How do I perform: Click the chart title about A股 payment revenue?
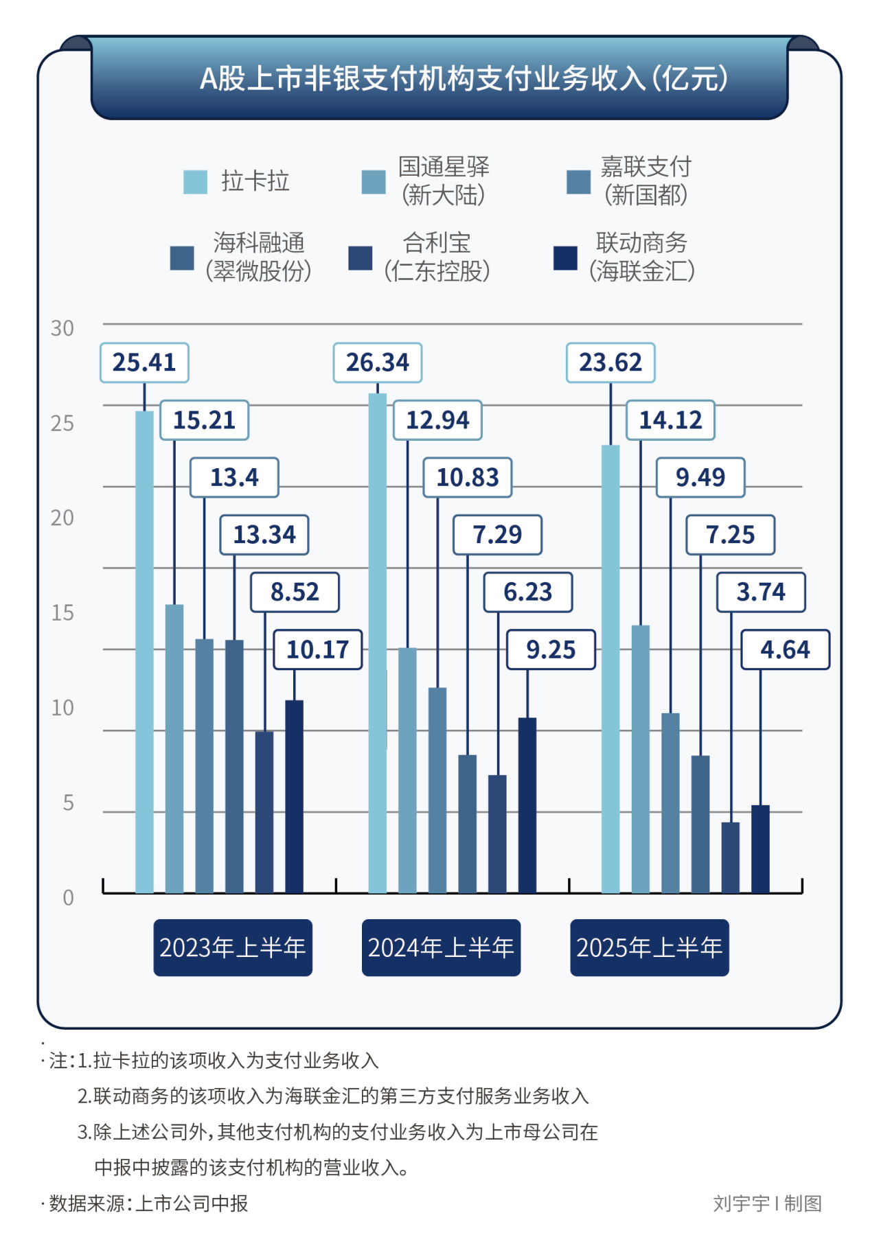(464, 79)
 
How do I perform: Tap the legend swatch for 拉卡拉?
(195, 182)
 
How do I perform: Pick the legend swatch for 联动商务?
(565, 258)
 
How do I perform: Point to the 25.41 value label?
(144, 362)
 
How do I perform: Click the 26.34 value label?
(378, 362)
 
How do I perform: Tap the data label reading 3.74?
(761, 592)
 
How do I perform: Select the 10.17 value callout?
(318, 649)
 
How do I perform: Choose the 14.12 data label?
(670, 419)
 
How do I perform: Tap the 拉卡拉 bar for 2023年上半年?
(144, 652)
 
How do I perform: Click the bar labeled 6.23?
(497, 833)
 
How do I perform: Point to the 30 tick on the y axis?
(62, 329)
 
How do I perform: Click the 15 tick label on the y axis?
(62, 613)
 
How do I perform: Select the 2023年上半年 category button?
(233, 948)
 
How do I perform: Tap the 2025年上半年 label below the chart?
(649, 948)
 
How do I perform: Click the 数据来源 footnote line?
(148, 1203)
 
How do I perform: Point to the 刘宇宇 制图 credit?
(767, 1203)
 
